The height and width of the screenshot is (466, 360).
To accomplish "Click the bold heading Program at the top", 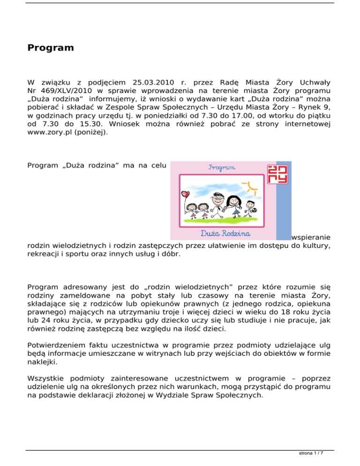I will [x=51, y=48].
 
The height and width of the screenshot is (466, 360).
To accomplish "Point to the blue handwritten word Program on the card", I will [x=223, y=167].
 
